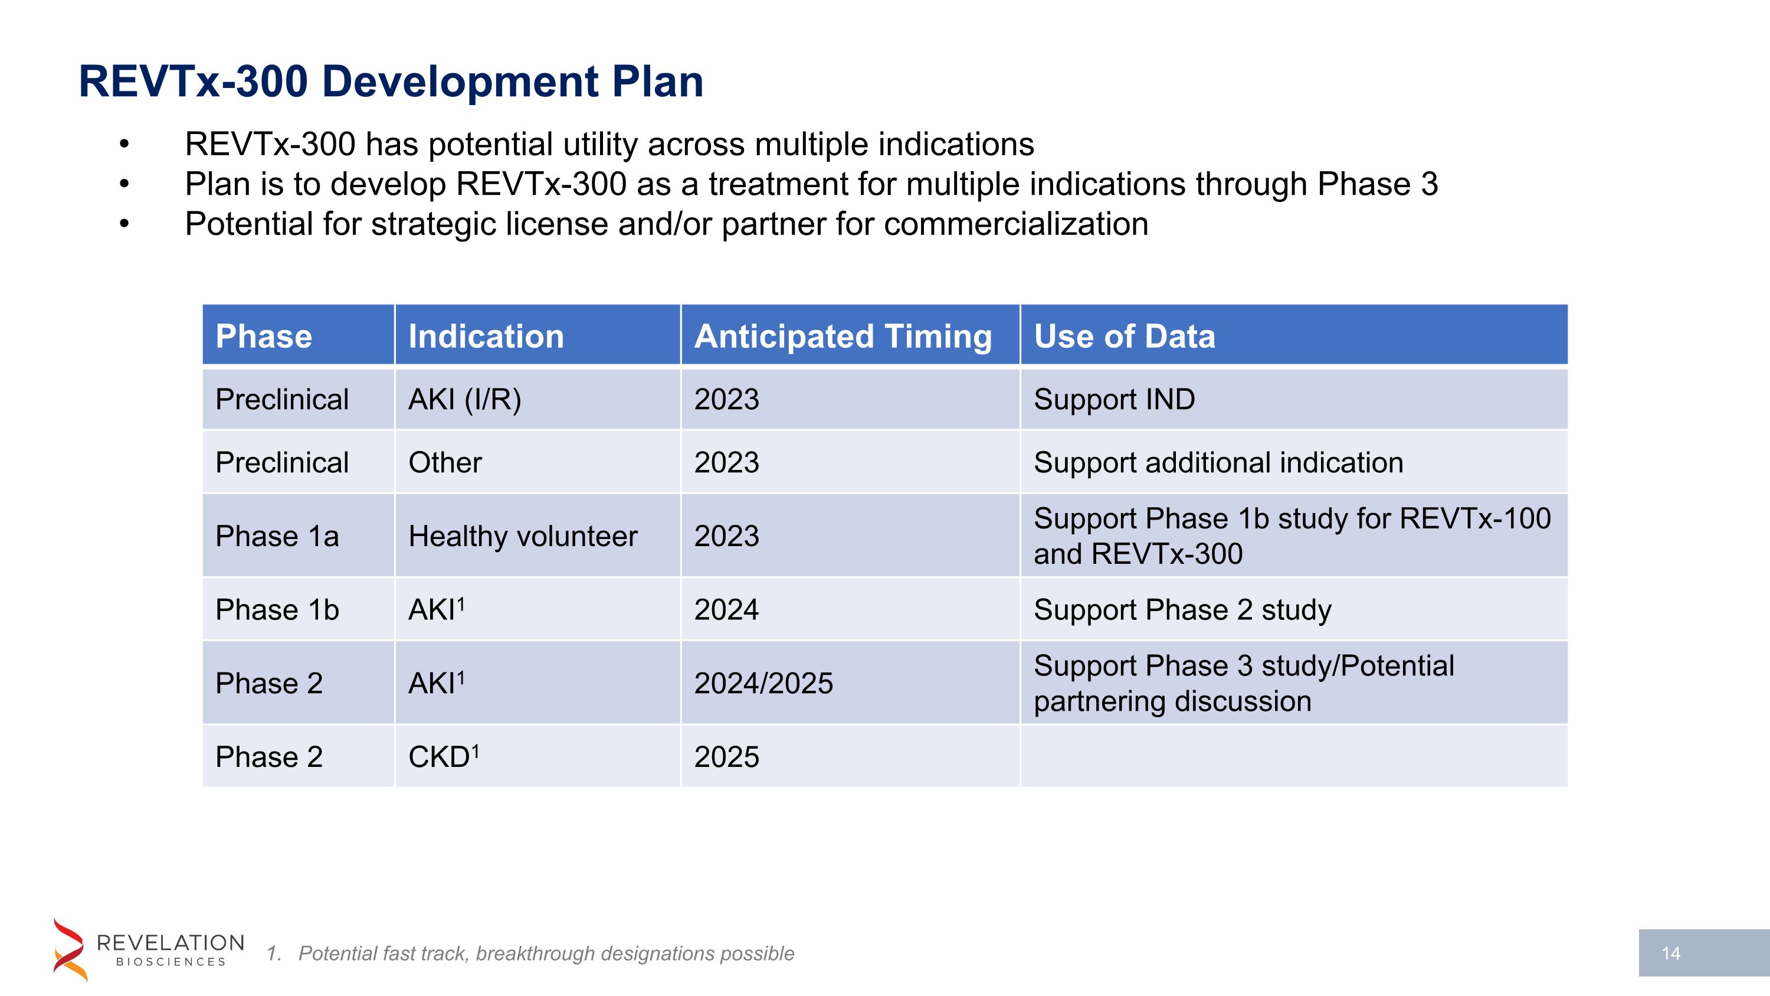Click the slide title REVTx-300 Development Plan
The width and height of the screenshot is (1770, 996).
[x=391, y=82]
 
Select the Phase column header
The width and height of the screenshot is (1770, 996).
[x=264, y=336]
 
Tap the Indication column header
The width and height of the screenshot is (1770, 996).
[x=486, y=336]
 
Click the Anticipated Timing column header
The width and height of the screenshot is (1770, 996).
[x=843, y=336]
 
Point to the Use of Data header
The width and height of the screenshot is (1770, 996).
[x=1124, y=336]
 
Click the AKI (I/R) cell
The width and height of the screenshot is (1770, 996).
[x=464, y=399]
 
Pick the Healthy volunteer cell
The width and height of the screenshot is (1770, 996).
[x=522, y=536]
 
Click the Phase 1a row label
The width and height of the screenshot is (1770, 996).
[x=277, y=536]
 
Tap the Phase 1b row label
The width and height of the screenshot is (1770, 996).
[x=277, y=610]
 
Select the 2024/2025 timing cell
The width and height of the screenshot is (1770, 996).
[x=763, y=683]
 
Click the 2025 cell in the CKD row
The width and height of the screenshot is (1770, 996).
[x=726, y=757]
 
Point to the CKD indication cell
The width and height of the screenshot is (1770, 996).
[x=443, y=757]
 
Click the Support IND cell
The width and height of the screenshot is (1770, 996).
[x=1114, y=399]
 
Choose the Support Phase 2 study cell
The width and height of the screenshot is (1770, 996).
[x=1182, y=610]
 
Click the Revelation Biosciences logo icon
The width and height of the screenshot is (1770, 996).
[x=70, y=949]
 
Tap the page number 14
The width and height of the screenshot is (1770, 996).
[x=1670, y=953]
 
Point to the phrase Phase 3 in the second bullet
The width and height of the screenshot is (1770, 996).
[x=1377, y=184]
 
